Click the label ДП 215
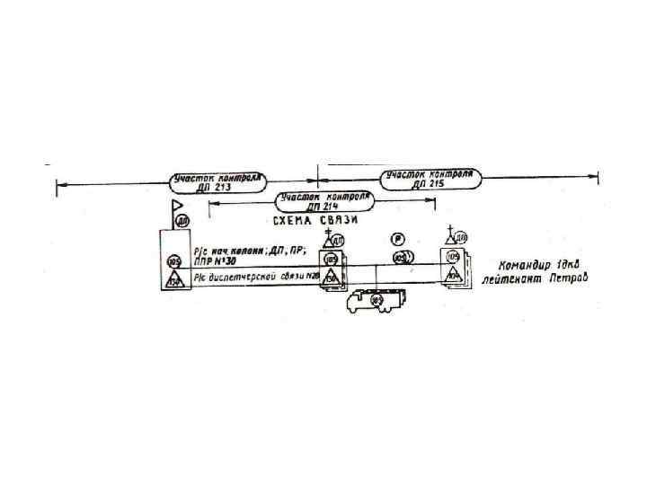[429, 183]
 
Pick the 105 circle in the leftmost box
[175, 261]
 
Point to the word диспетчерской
[244, 278]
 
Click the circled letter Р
[396, 239]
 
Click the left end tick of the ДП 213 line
[57, 186]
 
